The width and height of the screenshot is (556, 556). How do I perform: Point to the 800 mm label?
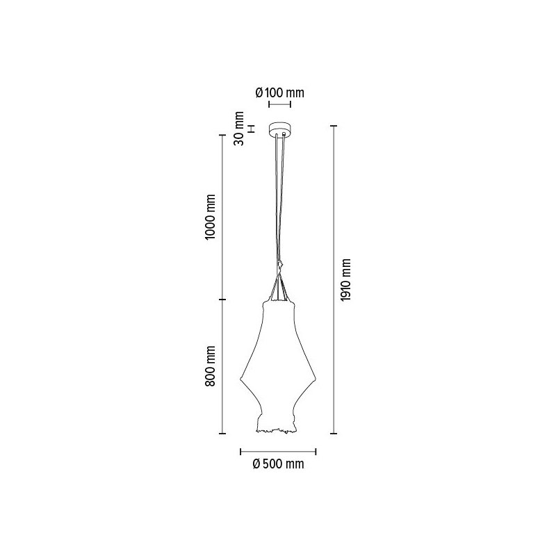211,366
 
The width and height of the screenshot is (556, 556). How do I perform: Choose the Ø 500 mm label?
279,464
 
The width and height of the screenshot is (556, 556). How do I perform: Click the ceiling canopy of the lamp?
279,130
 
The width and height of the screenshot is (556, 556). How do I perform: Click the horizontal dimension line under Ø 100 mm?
280,106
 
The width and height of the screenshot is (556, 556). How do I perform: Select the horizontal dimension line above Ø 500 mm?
279,449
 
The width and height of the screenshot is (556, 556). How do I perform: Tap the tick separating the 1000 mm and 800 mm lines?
222,300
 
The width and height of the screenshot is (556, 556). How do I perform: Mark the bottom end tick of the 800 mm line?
222,434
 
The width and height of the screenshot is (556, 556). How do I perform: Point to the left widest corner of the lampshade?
241,379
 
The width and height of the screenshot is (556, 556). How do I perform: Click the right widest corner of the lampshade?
317,379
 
